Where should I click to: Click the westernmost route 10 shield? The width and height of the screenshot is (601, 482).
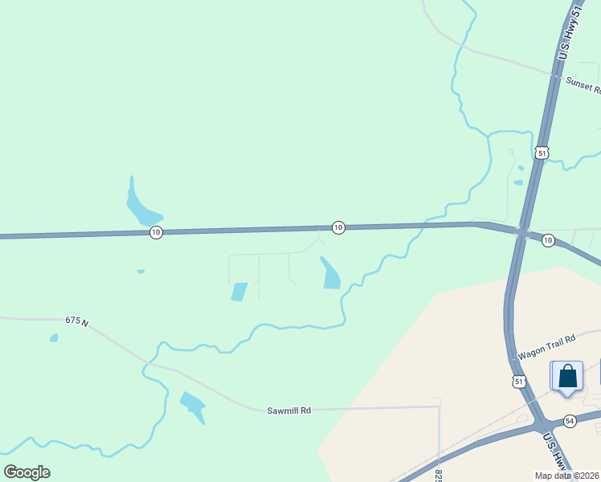(156, 232)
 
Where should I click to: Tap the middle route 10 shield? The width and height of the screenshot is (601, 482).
(338, 228)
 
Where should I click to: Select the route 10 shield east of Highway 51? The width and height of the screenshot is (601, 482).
(548, 240)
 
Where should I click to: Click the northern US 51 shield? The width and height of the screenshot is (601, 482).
(542, 153)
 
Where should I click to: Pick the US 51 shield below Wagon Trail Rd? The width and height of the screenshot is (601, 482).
(520, 382)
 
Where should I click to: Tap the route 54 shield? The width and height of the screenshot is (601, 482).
(570, 421)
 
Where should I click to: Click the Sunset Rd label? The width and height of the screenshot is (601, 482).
(583, 82)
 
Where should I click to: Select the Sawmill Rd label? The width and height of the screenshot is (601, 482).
(288, 411)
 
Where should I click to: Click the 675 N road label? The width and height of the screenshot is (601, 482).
(76, 321)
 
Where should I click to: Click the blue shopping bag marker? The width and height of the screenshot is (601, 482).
(567, 376)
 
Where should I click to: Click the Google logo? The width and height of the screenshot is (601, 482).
(27, 472)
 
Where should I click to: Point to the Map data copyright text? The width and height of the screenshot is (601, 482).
(567, 476)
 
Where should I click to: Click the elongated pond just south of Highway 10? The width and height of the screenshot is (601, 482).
(330, 273)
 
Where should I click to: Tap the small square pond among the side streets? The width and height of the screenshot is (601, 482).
(239, 292)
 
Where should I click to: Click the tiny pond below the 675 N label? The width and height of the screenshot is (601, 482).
(54, 338)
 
